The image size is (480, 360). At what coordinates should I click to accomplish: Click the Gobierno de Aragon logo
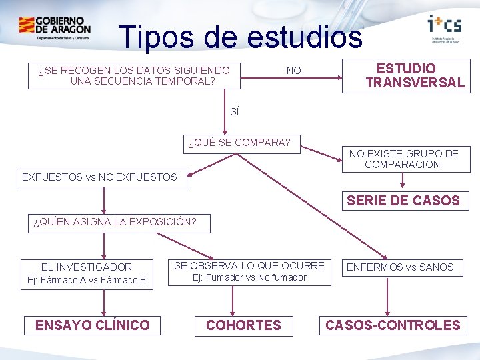pos(55,29)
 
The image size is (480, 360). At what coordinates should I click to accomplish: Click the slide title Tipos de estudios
pos(240,37)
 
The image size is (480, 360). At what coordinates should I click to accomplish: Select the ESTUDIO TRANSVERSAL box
pos(406,75)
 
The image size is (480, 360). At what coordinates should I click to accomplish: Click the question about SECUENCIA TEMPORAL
pos(134,75)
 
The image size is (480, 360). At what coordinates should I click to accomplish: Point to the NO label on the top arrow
pos(293,70)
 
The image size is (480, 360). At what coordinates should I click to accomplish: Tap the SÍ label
pos(234,112)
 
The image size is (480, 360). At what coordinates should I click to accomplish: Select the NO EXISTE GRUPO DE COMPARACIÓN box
pos(403,159)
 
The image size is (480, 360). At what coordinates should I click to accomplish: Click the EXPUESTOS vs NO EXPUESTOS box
pos(100,177)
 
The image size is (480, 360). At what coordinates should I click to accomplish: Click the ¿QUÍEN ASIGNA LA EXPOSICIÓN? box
pos(115,223)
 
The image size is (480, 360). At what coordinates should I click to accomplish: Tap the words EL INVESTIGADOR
pos(87,267)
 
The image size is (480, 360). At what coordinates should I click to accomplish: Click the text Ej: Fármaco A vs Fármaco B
pos(87,279)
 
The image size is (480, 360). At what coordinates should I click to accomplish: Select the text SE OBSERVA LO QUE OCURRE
pos(249,265)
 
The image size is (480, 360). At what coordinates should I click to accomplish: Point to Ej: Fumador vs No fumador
pos(249,277)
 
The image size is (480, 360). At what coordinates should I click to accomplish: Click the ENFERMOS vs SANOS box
pos(400,267)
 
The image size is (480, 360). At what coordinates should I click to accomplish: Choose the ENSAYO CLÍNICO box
pos(93,325)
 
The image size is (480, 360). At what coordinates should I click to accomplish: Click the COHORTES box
pos(243,325)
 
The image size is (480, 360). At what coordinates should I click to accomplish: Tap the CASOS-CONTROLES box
pos(393,325)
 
